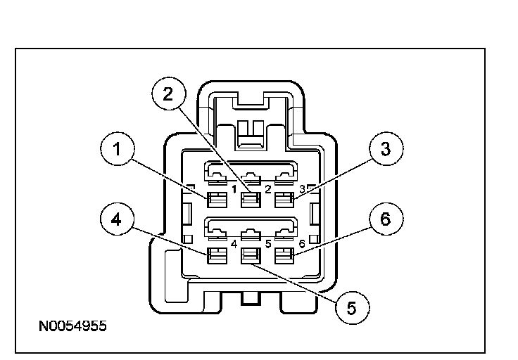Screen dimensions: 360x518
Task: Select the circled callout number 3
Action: click(x=384, y=150)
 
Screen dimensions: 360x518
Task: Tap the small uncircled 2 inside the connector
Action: click(x=267, y=188)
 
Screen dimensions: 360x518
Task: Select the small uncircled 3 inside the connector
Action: click(x=301, y=188)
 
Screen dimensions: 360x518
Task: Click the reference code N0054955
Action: click(x=72, y=327)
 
